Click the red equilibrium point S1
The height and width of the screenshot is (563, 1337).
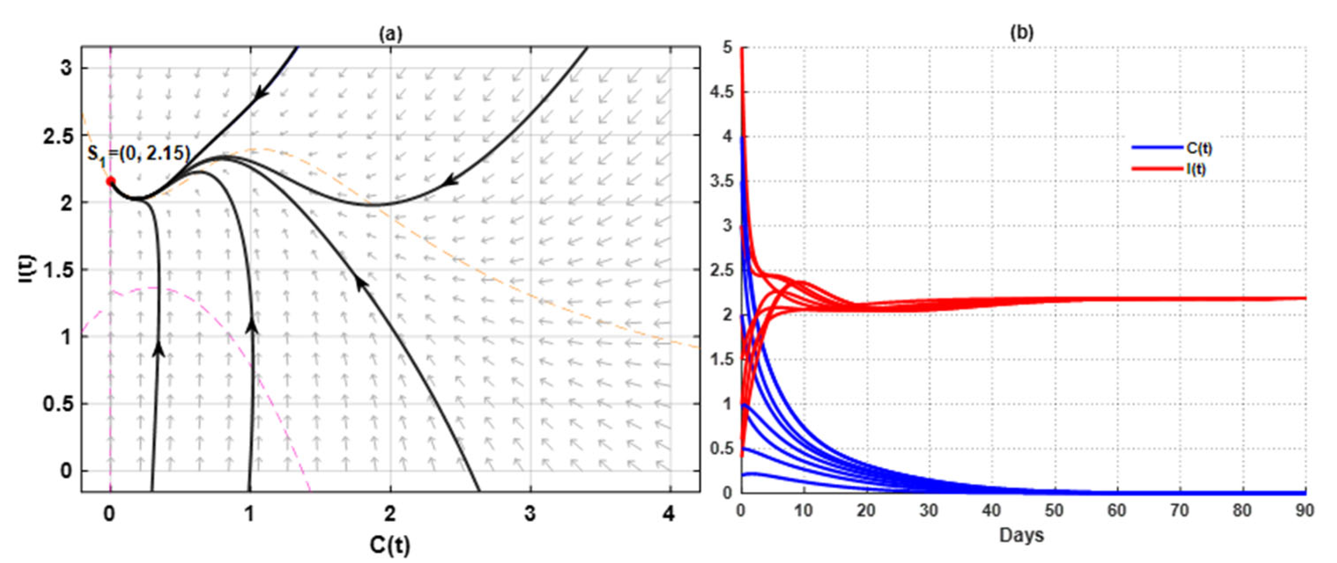pos(110,181)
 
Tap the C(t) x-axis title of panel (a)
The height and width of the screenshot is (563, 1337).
pos(390,544)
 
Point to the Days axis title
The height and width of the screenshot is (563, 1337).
pos(1021,535)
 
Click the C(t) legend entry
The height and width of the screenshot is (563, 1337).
pos(1199,148)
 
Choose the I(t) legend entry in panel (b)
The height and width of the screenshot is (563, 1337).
pos(1196,169)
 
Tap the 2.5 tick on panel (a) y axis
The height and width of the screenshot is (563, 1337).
pos(58,135)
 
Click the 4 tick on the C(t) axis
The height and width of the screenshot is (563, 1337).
pos(670,514)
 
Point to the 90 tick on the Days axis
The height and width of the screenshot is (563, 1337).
pos(1305,511)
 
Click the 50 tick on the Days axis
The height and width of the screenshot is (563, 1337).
pos(1054,511)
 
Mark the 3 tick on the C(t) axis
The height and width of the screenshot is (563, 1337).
pos(530,514)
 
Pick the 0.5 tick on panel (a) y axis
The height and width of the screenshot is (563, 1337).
pos(58,404)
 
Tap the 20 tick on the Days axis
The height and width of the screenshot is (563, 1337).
pos(866,511)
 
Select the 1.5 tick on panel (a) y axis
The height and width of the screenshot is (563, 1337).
pos(58,270)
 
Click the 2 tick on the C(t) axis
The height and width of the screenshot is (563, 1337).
pos(390,514)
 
